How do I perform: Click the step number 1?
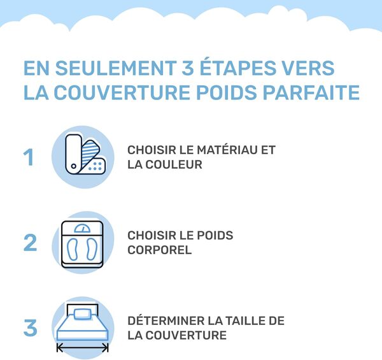(29, 157)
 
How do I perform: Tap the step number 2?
(30, 243)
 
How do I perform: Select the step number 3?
(30, 328)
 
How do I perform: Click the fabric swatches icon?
(83, 156)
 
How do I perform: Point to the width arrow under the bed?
(83, 348)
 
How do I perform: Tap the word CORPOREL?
(159, 250)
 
